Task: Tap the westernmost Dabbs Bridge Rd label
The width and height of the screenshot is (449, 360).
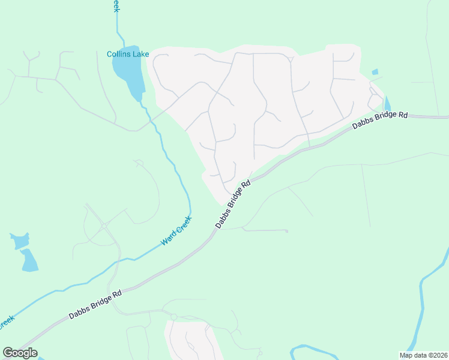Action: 95,305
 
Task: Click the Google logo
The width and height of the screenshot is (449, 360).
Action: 20,353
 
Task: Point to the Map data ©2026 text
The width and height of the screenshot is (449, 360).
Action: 423,355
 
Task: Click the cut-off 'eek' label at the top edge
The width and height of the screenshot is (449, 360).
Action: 115,6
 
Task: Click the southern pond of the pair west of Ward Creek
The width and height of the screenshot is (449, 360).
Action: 29,260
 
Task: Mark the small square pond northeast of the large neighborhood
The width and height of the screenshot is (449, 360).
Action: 375,72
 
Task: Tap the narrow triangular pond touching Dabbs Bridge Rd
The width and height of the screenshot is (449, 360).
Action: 387,104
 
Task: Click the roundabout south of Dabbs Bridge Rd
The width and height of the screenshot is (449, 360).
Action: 173,316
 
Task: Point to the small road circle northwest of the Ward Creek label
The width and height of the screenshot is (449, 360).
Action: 104,226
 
